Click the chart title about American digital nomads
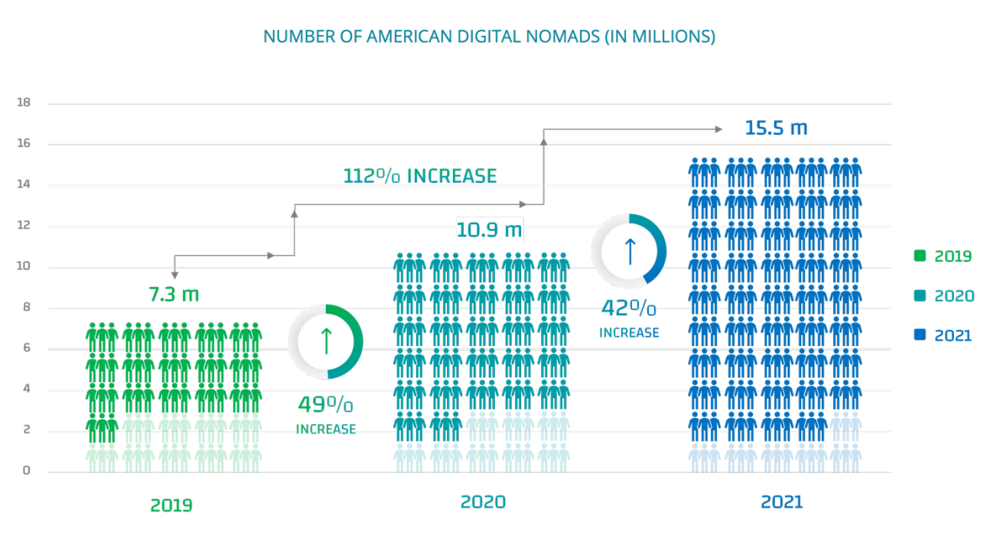pyautogui.click(x=489, y=36)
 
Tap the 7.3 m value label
pyautogui.click(x=173, y=294)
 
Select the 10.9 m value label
pyautogui.click(x=489, y=229)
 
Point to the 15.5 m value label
pyautogui.click(x=776, y=128)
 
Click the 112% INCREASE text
pyautogui.click(x=419, y=176)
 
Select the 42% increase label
pyautogui.click(x=628, y=318)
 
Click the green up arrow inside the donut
pyautogui.click(x=325, y=341)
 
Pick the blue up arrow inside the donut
pyautogui.click(x=629, y=251)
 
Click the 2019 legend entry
pyautogui.click(x=943, y=256)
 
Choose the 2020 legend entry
pyautogui.click(x=943, y=295)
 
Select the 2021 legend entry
pyautogui.click(x=943, y=335)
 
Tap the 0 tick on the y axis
pyautogui.click(x=26, y=471)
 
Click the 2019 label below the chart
pyautogui.click(x=171, y=505)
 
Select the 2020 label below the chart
pyautogui.click(x=483, y=502)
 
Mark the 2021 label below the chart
pyautogui.click(x=781, y=502)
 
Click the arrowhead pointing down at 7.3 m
pyautogui.click(x=174, y=274)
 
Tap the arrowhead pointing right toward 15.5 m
pyautogui.click(x=718, y=129)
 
